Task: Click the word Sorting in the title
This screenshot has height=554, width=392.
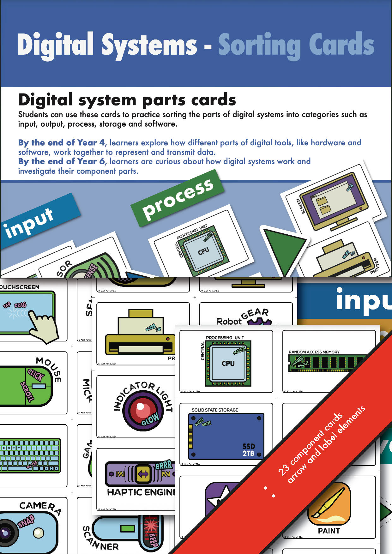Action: click(x=259, y=45)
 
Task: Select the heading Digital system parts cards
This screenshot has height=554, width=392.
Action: click(x=127, y=100)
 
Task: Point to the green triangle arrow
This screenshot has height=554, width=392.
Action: click(x=283, y=248)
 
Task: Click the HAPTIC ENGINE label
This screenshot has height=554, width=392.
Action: click(x=141, y=492)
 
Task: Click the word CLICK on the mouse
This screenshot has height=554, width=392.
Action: click(x=36, y=375)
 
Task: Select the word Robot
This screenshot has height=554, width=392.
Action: click(x=229, y=321)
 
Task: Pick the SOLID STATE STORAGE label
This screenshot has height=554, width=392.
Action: click(x=215, y=410)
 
